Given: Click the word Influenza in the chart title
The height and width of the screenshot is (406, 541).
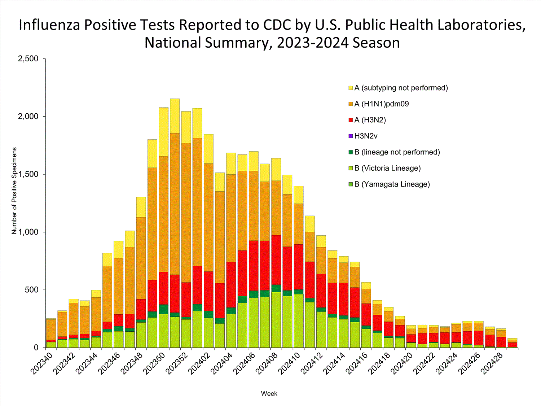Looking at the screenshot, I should tap(49, 25).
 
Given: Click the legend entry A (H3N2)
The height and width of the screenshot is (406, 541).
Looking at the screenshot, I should tap(370, 120).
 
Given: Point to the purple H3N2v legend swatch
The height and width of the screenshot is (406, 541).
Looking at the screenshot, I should tap(351, 136).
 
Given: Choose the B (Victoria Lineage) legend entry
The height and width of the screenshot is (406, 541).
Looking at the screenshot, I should tap(387, 168).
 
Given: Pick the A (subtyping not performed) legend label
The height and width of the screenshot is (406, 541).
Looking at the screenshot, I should tap(401, 88).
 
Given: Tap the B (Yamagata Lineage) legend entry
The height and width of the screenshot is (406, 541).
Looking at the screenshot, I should tap(392, 184).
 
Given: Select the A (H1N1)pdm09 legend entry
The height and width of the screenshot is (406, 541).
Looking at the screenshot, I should tap(381, 104).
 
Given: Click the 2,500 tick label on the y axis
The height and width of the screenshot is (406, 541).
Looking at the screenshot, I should tap(28, 59).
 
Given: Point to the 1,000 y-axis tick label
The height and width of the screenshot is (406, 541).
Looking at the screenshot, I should tap(28, 232).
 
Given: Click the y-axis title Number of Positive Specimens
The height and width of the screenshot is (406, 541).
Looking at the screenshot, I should tap(14, 191).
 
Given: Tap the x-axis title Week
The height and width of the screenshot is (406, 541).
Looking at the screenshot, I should tap(269, 394).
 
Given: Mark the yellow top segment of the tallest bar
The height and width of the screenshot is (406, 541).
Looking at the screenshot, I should tap(175, 115).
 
